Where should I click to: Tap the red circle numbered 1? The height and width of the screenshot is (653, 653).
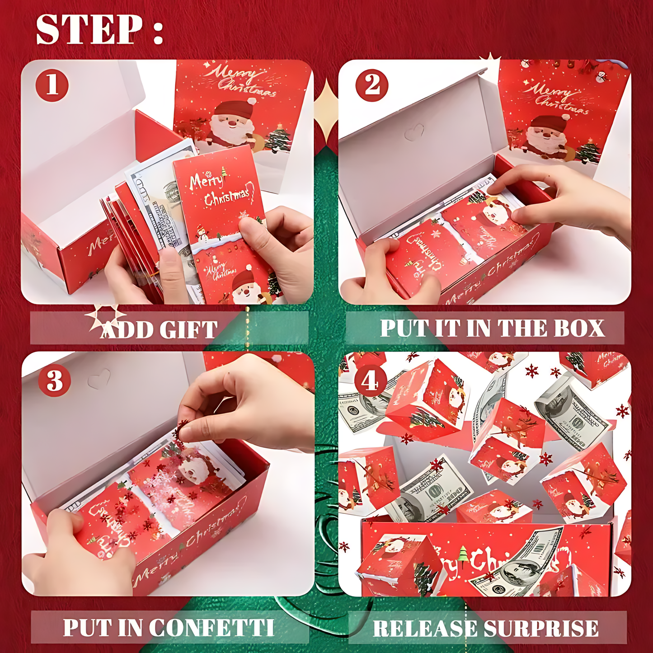click(x=52, y=85)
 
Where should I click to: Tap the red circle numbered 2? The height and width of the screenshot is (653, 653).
click(x=372, y=85)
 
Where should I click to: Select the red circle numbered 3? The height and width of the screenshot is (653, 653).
click(x=54, y=381)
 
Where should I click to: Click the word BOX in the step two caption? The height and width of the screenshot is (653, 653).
click(x=579, y=328)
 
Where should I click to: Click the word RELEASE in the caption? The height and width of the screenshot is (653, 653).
click(x=425, y=629)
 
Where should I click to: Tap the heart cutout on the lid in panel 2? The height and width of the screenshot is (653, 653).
click(x=413, y=132)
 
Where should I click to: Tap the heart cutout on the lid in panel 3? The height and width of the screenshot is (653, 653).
click(x=99, y=379)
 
